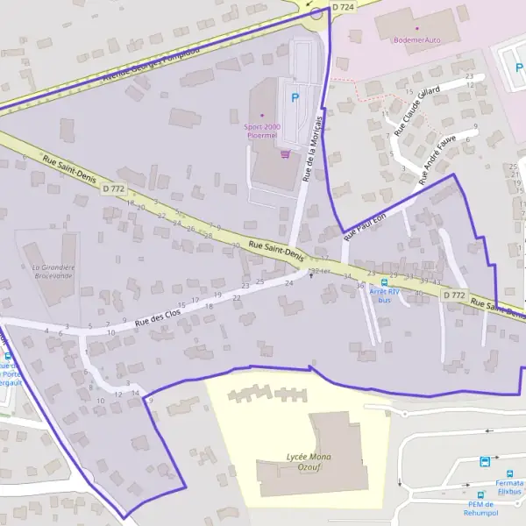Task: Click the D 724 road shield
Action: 345,7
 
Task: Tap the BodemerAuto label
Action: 417,39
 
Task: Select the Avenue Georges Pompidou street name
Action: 151,63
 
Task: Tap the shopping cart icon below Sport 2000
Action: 284,153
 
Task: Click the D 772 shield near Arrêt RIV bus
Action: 454,295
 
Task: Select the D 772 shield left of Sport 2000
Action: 113,188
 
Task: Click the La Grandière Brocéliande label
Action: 53,271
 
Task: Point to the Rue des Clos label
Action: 158,315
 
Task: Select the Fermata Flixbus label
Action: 509,487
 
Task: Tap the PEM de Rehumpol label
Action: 482,508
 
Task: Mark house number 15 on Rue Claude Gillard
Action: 409,92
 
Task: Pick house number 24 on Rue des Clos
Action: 289,283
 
